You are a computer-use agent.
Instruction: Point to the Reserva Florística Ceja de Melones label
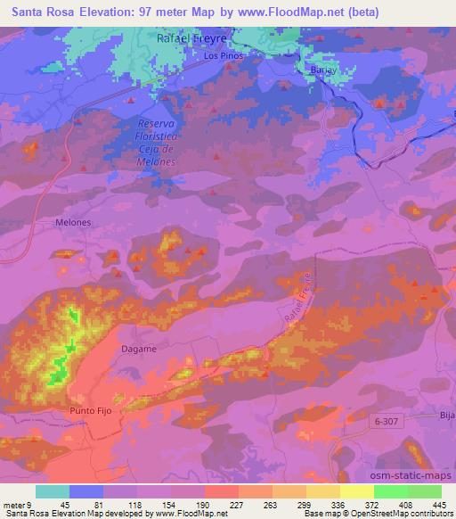click(x=160, y=144)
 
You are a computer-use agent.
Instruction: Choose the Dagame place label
click(x=140, y=350)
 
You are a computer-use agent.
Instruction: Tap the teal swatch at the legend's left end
click(x=52, y=491)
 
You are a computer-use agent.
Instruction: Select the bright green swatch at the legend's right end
click(x=425, y=491)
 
